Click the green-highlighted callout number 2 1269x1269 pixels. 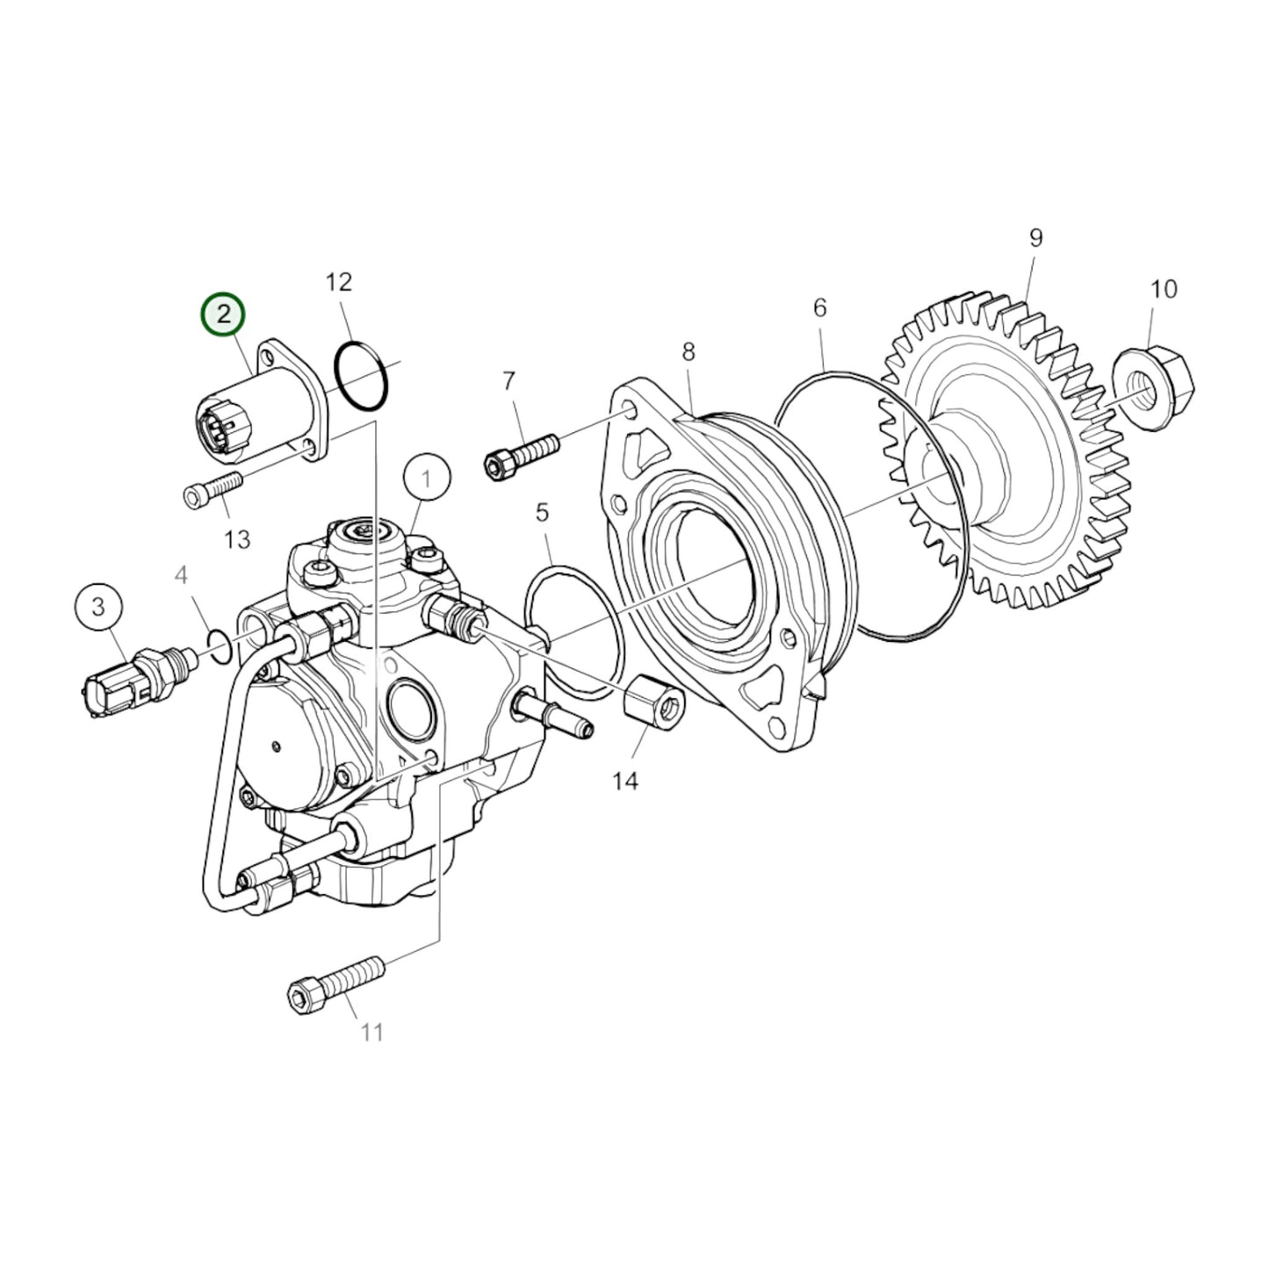coord(223,314)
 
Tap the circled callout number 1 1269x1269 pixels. coord(427,479)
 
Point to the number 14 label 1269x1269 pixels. coord(625,780)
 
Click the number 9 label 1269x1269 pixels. coord(1035,237)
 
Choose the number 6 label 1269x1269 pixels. coord(819,307)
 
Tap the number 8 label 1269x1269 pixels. coord(689,351)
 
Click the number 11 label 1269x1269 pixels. coord(372,1033)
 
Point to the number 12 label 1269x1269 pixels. coord(338,282)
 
